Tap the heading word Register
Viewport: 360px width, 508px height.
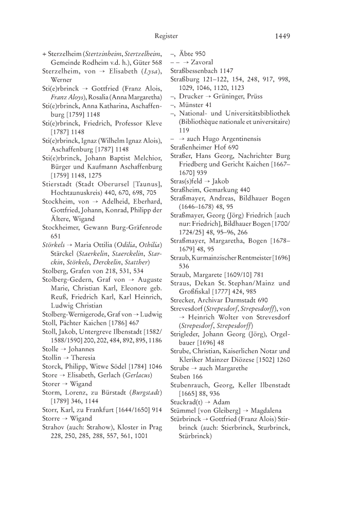(x=166, y=36)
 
